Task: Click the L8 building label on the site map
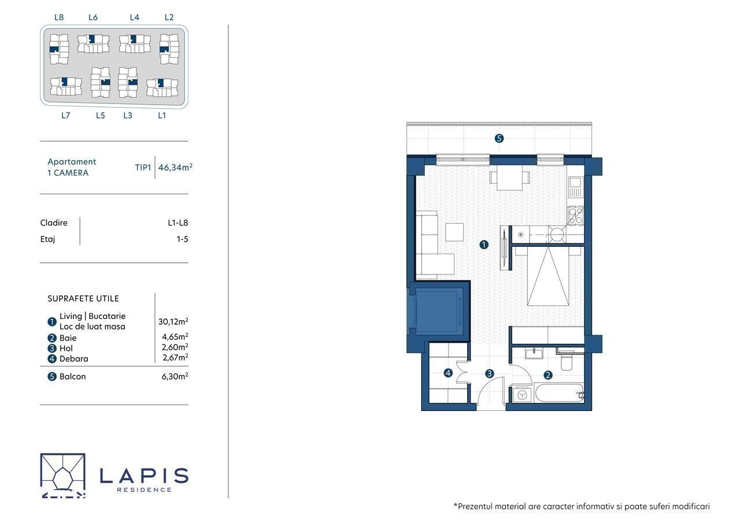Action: pyautogui.click(x=59, y=17)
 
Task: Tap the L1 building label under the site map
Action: pyautogui.click(x=161, y=115)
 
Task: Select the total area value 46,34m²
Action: pyautogui.click(x=175, y=167)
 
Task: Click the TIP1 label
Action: pyautogui.click(x=143, y=168)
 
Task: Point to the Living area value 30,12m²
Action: pyautogui.click(x=173, y=321)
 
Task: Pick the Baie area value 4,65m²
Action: pyautogui.click(x=175, y=336)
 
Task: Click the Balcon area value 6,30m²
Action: pyautogui.click(x=175, y=376)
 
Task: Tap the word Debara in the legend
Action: pyautogui.click(x=73, y=358)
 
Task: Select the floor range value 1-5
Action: pyautogui.click(x=182, y=239)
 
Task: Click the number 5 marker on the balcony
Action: pyautogui.click(x=499, y=138)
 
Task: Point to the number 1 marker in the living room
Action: pyautogui.click(x=484, y=244)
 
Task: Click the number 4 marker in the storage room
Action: pyautogui.click(x=448, y=373)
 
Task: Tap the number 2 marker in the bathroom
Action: pyautogui.click(x=547, y=375)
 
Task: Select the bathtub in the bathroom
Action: pyautogui.click(x=559, y=393)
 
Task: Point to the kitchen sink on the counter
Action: pyautogui.click(x=575, y=187)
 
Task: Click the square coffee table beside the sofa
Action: pyautogui.click(x=454, y=232)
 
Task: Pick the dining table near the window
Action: pyautogui.click(x=509, y=177)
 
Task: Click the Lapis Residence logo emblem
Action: pyautogui.click(x=63, y=476)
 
